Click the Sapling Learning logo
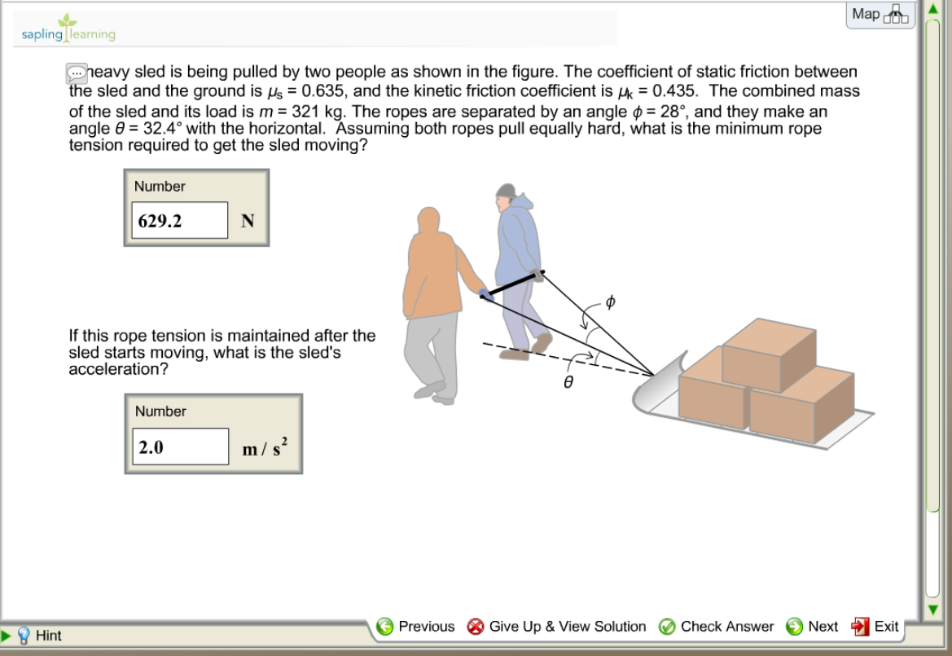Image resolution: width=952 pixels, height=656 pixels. (x=68, y=29)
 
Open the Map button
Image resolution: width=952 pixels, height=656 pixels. (x=880, y=15)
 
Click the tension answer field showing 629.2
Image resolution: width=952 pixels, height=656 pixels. (x=179, y=221)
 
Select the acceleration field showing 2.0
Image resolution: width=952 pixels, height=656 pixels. (x=180, y=447)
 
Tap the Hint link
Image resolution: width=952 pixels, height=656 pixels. (x=48, y=636)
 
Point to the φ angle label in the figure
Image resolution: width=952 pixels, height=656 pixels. (x=610, y=302)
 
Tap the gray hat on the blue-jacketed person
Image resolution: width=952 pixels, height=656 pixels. (x=506, y=191)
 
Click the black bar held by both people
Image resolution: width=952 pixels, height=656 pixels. (x=512, y=285)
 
